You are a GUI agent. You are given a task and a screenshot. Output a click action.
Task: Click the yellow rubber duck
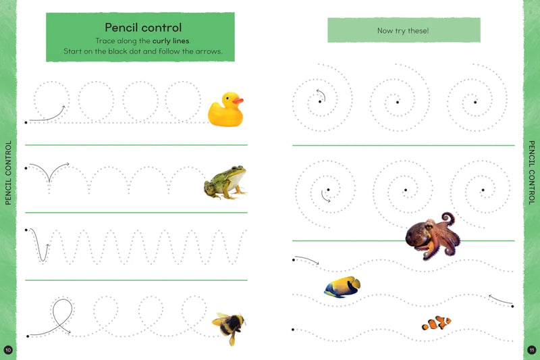(225, 109)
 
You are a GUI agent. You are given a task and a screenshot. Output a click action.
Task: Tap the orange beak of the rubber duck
(238, 101)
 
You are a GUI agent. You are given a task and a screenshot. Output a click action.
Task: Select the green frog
(225, 182)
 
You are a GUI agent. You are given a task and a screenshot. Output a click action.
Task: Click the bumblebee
(229, 327)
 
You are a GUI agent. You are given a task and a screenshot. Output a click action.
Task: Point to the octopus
(433, 236)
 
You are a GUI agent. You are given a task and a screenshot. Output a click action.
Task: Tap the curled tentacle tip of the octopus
(448, 218)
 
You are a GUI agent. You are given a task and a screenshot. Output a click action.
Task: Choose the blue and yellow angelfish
(342, 286)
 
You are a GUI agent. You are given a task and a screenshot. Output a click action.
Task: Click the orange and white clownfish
(436, 323)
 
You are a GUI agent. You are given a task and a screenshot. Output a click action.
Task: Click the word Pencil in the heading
(122, 27)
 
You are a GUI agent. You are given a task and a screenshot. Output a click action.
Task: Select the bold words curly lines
(171, 41)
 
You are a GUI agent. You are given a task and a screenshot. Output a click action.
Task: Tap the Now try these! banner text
(403, 30)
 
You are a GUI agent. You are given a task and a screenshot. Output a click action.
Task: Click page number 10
(8, 350)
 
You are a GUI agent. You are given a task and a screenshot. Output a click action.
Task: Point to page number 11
(532, 350)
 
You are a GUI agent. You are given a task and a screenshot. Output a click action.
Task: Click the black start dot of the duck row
(26, 122)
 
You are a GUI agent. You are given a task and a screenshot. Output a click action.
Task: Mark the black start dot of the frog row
(26, 168)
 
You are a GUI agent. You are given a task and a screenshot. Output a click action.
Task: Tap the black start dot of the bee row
(28, 336)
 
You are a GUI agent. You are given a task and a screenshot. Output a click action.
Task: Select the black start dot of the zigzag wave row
(26, 230)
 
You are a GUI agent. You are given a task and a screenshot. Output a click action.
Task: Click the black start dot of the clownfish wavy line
(293, 330)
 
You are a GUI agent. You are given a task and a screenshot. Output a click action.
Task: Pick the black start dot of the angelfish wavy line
(512, 306)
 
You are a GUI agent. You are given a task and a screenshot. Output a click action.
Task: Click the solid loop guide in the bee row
(72, 310)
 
